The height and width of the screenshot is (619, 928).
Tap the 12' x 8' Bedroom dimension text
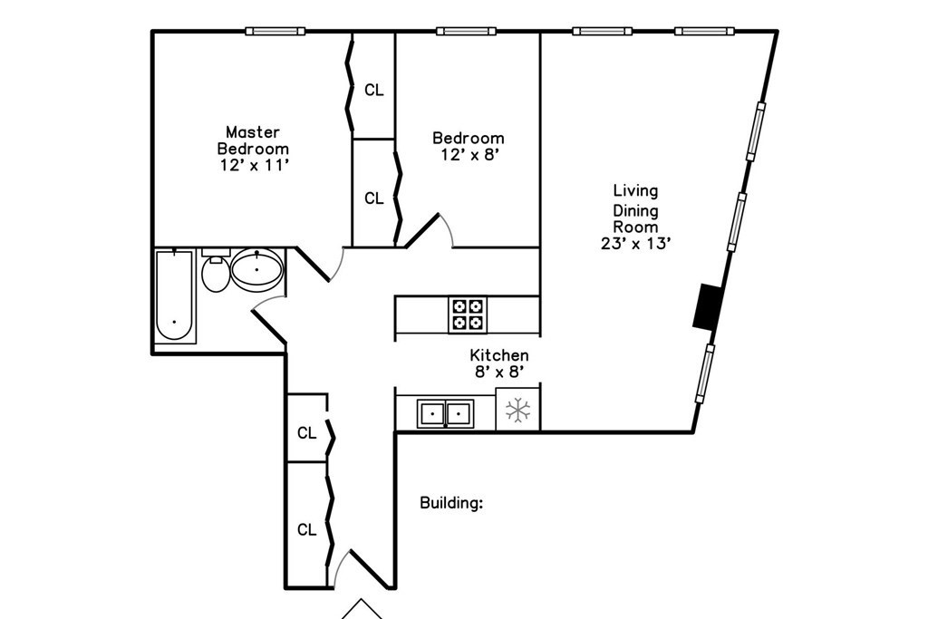pos(468,155)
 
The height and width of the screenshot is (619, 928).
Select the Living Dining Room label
pos(635,208)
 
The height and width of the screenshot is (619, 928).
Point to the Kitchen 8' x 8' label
pos(498,363)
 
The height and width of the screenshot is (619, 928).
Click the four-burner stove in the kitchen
pos(467,314)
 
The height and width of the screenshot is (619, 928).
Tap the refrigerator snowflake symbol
pos(517,411)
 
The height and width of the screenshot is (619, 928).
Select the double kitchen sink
pos(446,414)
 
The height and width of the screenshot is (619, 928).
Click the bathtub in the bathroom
pos(175,295)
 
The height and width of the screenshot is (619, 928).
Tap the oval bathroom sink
pos(257,268)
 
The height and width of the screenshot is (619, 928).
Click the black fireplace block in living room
pos(706,306)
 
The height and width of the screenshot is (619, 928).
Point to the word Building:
pos(451,503)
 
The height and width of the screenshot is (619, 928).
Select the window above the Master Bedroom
pos(275,32)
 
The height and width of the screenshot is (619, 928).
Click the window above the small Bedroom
pos(466,32)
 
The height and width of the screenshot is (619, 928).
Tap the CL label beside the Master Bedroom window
pos(373,90)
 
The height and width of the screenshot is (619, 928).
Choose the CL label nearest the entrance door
pos(307,529)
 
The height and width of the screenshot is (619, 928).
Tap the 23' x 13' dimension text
pos(635,243)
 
